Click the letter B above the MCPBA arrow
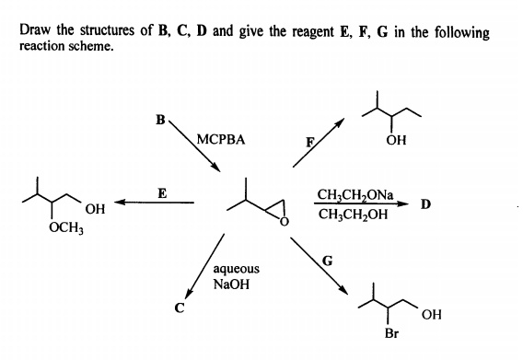coord(161,119)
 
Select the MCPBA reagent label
coord(220,141)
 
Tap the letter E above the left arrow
coord(162,193)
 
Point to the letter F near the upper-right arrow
coord(310,142)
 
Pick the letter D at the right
coord(426,203)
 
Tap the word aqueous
coord(236,269)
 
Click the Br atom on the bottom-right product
coord(390,333)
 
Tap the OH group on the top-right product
coord(397,141)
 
